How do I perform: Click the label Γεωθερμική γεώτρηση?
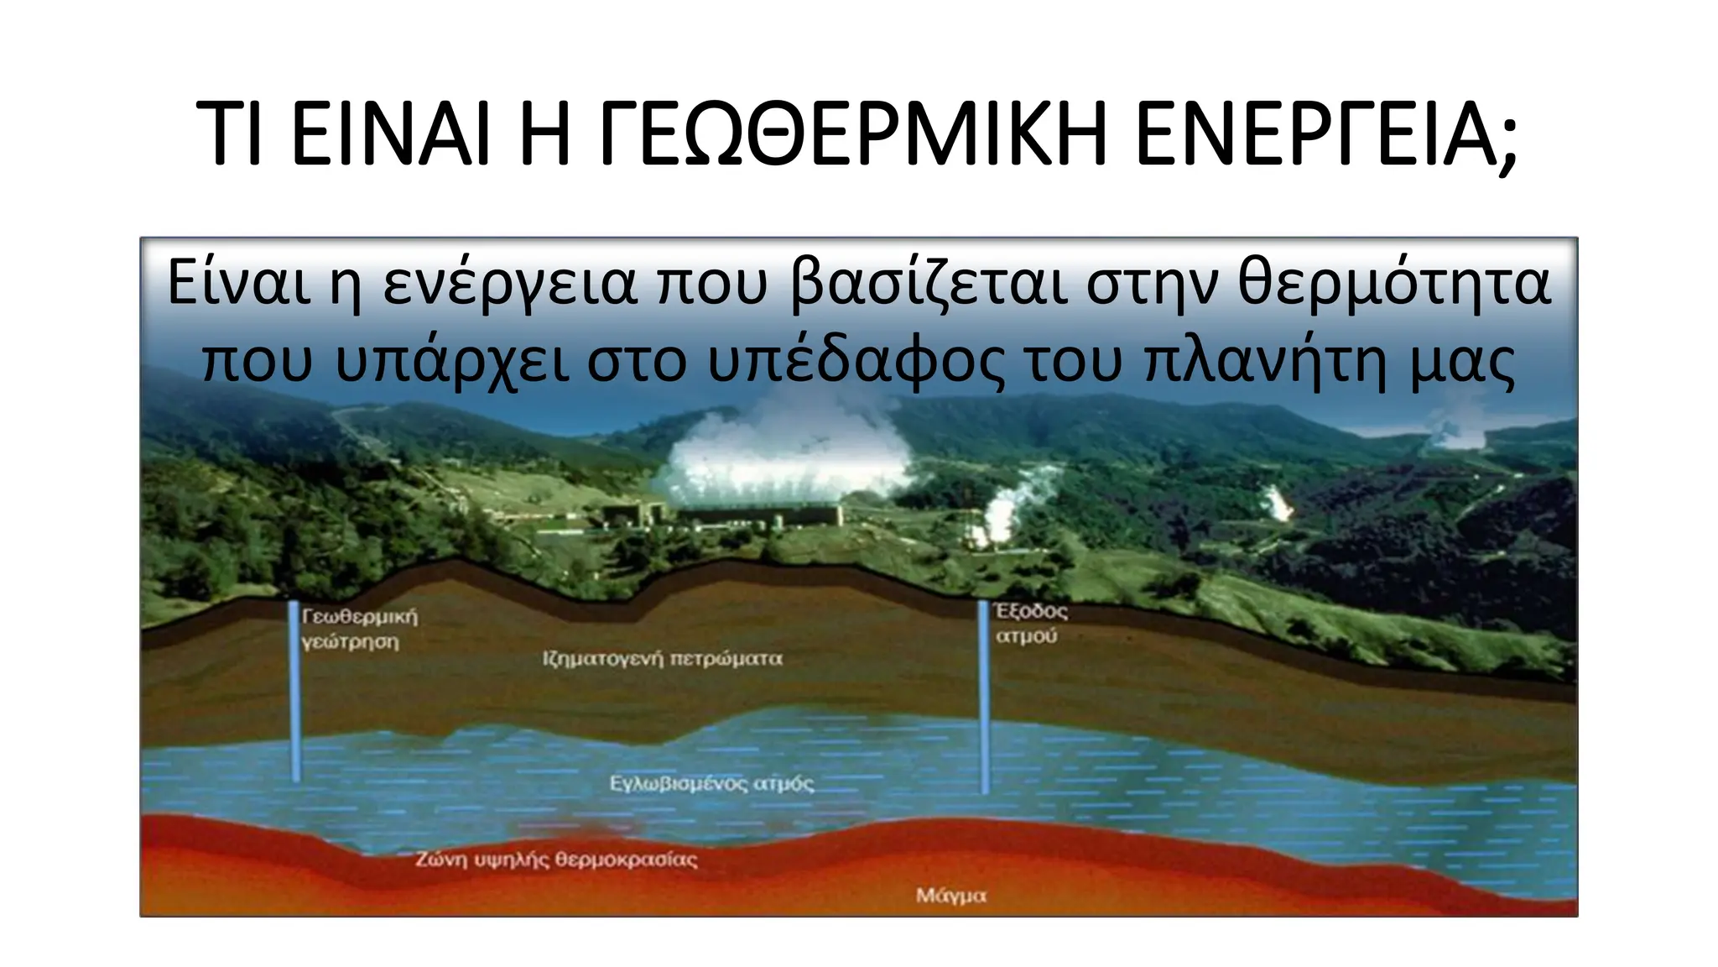pos(359,629)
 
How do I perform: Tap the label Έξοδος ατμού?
pos(1030,623)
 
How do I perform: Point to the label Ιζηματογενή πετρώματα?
pos(662,659)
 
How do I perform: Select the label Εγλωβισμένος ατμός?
pos(711,784)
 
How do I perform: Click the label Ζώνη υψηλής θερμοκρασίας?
pos(556,860)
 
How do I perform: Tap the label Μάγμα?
pos(950,896)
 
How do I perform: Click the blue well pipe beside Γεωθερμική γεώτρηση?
pos(294,693)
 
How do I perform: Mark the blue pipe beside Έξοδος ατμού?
pos(984,697)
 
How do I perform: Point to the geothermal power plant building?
pos(755,515)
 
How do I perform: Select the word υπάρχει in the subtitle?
pos(453,363)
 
